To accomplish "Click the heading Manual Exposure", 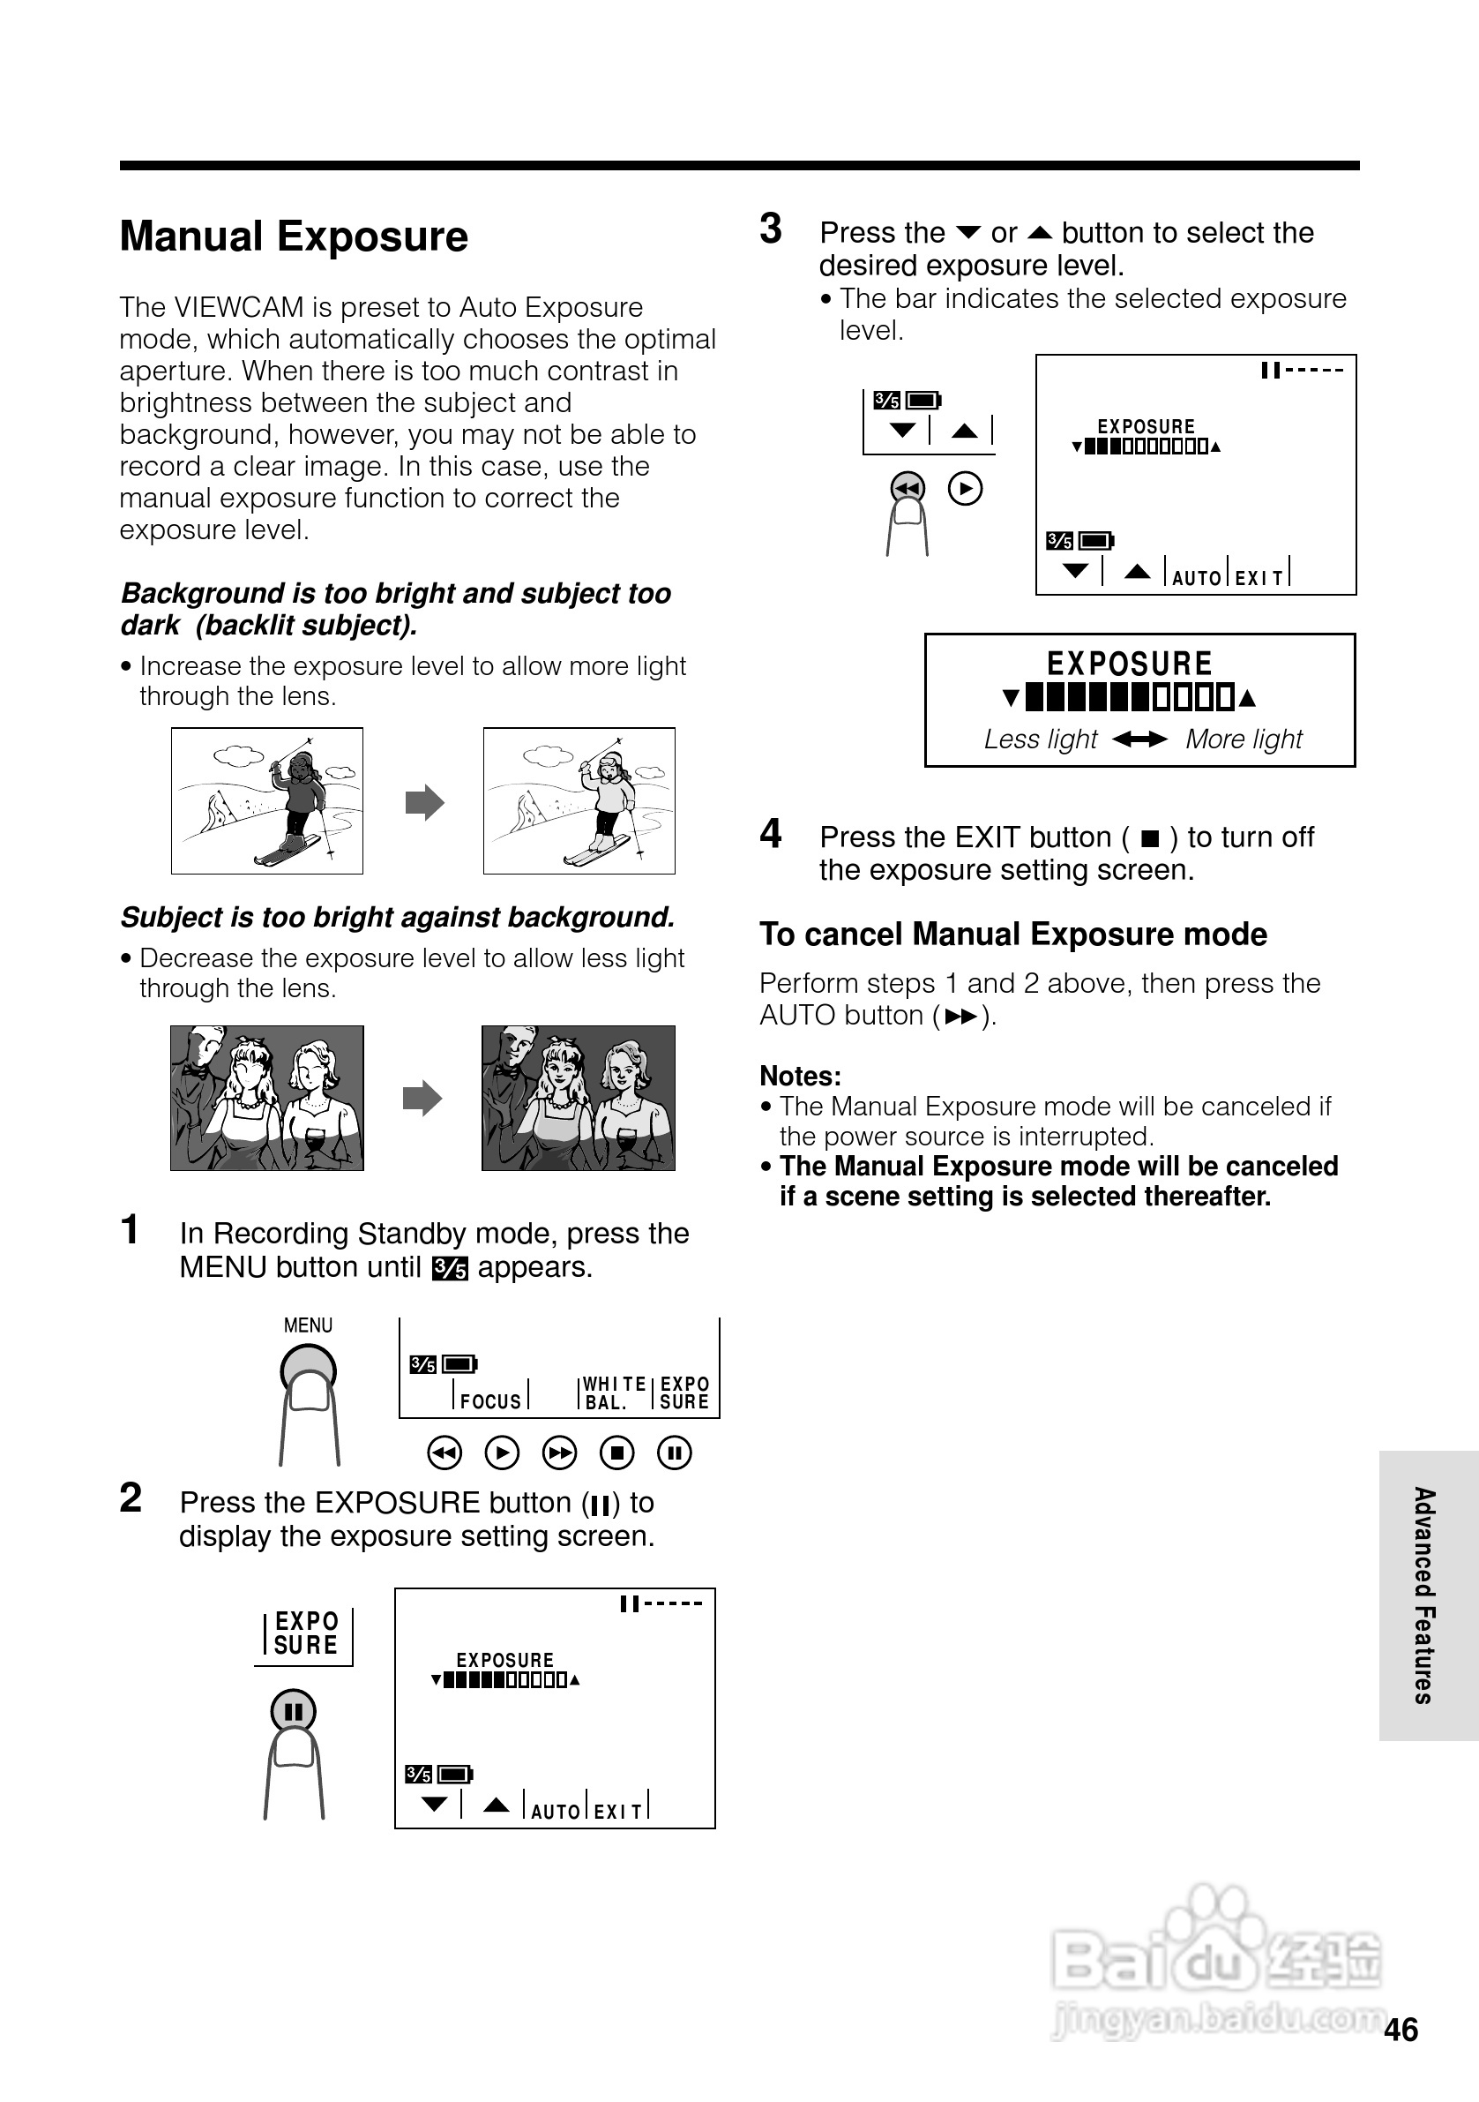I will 294,236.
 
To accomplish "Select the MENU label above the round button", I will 308,1325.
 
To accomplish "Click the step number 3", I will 771,229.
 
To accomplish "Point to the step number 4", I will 771,834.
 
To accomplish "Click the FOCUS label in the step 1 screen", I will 490,1400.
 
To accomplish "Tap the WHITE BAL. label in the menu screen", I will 613,1393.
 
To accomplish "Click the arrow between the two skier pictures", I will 423,803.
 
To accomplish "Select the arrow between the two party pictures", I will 422,1098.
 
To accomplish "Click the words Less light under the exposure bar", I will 1040,739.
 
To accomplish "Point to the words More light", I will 1244,739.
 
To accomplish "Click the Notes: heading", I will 800,1076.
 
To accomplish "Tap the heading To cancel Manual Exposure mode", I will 1012,934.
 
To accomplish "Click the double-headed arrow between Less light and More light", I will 1140,739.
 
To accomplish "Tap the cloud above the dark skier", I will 238,755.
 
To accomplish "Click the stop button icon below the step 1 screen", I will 616,1453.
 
